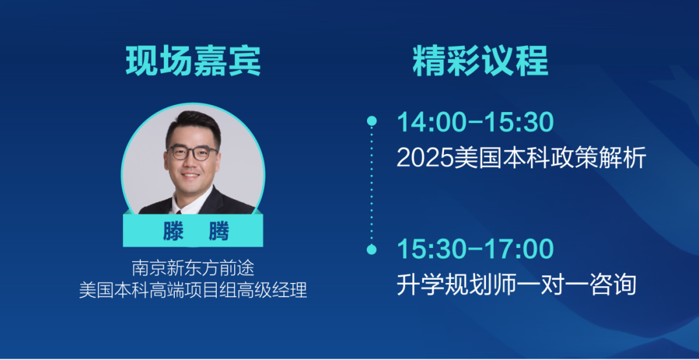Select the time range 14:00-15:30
click(x=475, y=122)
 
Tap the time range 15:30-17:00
click(x=475, y=249)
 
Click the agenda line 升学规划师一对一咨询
click(x=516, y=285)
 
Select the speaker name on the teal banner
click(x=193, y=231)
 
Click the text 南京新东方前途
click(x=193, y=269)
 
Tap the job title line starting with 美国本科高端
click(x=193, y=291)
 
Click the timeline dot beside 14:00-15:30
click(x=372, y=121)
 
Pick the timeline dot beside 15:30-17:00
click(x=372, y=249)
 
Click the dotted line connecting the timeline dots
click(x=372, y=185)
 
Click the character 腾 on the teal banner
click(x=219, y=231)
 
